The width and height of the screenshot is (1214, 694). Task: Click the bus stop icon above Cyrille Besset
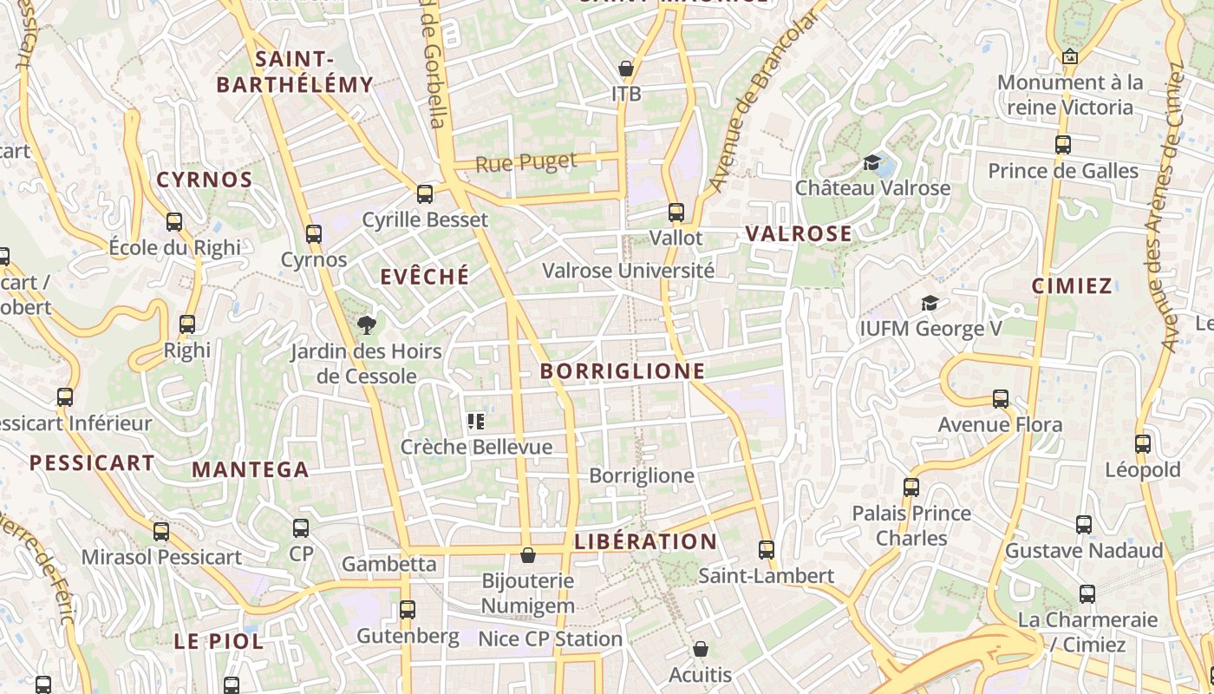[x=425, y=193]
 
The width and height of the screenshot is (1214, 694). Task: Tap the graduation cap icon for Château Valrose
[x=871, y=162]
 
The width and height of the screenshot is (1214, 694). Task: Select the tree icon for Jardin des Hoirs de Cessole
[x=367, y=325]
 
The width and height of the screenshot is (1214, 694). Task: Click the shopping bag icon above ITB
[x=626, y=68]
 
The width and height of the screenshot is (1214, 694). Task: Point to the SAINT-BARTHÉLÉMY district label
[x=295, y=72]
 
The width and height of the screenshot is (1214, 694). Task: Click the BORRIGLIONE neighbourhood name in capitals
[x=623, y=371]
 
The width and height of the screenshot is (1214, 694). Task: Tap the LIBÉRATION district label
[x=646, y=542]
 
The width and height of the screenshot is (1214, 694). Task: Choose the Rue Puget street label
[x=525, y=162]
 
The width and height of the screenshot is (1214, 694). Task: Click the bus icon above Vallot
[x=676, y=212]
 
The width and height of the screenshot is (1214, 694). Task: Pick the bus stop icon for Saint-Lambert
[x=766, y=549]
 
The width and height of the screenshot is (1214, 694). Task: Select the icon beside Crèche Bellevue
[x=475, y=422]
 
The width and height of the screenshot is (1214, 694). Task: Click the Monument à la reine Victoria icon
[x=1070, y=56]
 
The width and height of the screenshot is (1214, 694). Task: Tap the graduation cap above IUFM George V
[x=930, y=303]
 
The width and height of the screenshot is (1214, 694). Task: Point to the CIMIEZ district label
[x=1072, y=286]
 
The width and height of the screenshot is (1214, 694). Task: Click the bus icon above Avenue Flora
[x=1001, y=399]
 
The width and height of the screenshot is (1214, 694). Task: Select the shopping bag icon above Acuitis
[x=701, y=649]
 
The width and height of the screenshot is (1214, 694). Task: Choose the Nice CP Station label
[x=551, y=639]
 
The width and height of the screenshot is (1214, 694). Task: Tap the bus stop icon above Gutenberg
[x=408, y=609]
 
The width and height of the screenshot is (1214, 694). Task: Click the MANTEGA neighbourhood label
[x=251, y=470]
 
